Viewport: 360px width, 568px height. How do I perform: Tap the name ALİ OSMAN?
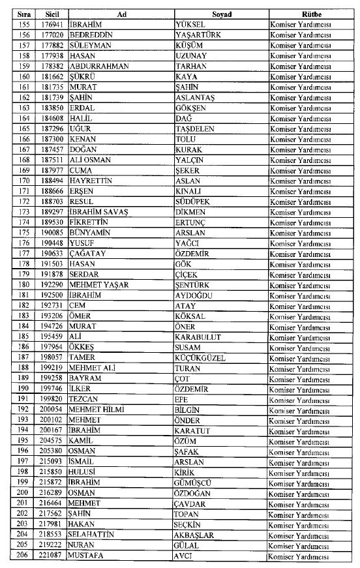[x=91, y=160]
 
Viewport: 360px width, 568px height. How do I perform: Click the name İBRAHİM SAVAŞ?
[x=98, y=213]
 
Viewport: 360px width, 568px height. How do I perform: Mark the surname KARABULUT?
[x=199, y=337]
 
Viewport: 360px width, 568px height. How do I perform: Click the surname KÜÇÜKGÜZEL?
[x=203, y=358]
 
